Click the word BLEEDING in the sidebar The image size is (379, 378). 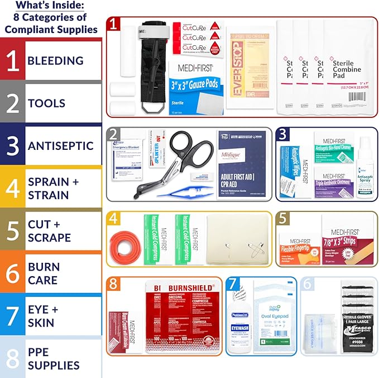pyautogui.click(x=55, y=60)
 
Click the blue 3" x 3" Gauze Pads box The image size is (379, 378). pyautogui.click(x=197, y=88)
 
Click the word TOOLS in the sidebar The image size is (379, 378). pyautogui.click(x=46, y=103)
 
